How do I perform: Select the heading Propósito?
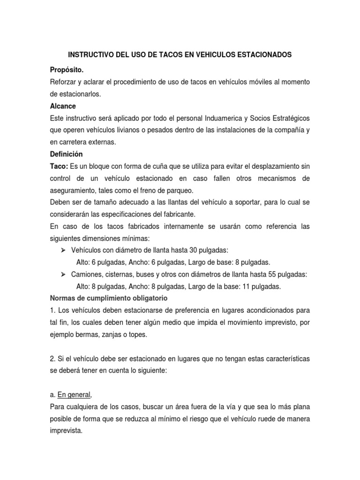(x=67, y=70)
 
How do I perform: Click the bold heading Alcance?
(x=63, y=106)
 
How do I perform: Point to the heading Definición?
(x=66, y=153)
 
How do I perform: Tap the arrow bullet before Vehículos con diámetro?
(x=63, y=249)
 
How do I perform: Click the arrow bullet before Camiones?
(x=63, y=274)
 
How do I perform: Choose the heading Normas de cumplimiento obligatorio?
(x=109, y=298)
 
